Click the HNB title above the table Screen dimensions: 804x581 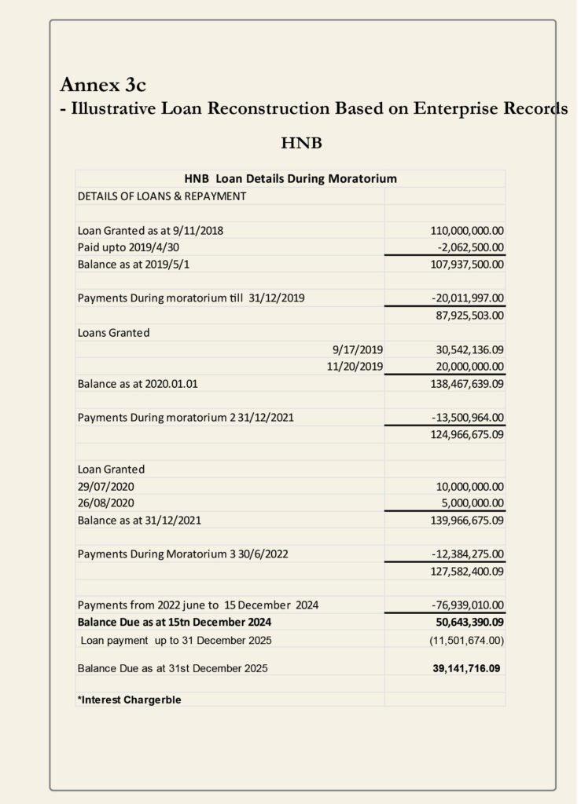click(x=301, y=144)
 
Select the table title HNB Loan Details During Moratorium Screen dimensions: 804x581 click(x=290, y=178)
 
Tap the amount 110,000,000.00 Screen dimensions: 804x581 click(x=467, y=231)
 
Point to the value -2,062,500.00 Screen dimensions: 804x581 click(x=469, y=247)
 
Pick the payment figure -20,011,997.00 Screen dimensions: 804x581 click(x=468, y=298)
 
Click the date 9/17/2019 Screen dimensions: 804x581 click(x=358, y=349)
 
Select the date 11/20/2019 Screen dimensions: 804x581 click(x=355, y=367)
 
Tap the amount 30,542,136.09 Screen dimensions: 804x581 click(x=469, y=349)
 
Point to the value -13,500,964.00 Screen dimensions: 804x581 click(x=468, y=418)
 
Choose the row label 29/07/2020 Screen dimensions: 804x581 click(x=105, y=486)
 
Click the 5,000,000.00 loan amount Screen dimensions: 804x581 click(x=472, y=502)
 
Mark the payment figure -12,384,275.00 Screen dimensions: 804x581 click(x=468, y=554)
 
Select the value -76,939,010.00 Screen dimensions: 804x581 click(x=468, y=605)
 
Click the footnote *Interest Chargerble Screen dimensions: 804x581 click(x=129, y=700)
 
